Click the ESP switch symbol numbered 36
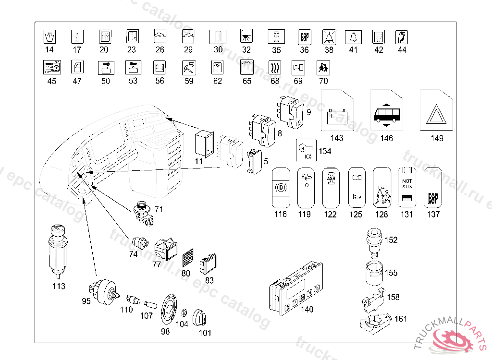[305, 37]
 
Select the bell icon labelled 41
[354, 37]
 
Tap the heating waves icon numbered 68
[274, 68]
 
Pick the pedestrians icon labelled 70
[323, 68]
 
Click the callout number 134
[325, 152]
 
